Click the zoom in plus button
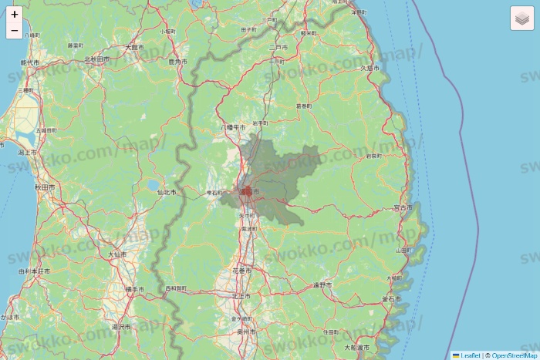click(15, 14)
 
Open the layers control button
click(522, 18)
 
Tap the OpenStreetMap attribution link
click(515, 355)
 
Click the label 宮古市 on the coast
click(402, 207)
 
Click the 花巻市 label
click(241, 271)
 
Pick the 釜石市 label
click(391, 298)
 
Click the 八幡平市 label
click(232, 126)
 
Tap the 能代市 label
click(29, 62)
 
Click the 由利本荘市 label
click(34, 271)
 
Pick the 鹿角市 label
click(177, 61)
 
